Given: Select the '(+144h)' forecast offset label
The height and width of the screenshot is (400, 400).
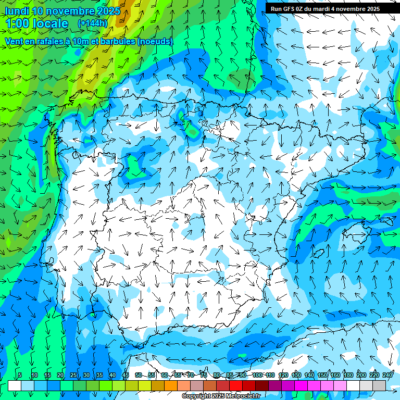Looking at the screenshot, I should [x=92, y=23].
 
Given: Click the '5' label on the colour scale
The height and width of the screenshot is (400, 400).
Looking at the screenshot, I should [x=20, y=375].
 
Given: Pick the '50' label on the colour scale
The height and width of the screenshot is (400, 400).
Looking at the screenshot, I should [x=138, y=375].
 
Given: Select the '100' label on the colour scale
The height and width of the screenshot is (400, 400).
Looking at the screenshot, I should [x=257, y=375].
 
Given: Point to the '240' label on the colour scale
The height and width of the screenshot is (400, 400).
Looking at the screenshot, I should [x=387, y=375].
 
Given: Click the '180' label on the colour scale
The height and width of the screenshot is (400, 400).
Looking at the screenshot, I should [x=348, y=375].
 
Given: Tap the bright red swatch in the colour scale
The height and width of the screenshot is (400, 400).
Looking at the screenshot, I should [x=236, y=385].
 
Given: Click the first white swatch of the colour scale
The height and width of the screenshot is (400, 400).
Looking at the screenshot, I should [x=15, y=385].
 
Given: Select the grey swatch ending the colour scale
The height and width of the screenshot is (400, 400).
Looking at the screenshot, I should [x=379, y=385].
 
